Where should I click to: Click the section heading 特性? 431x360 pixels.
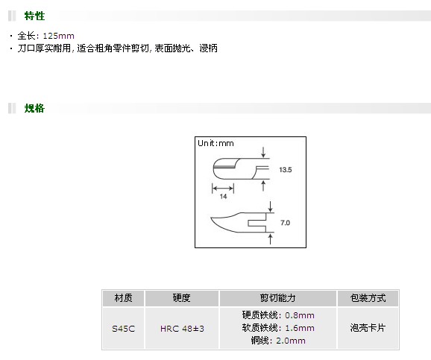(34, 16)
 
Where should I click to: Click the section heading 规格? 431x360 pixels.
(34, 108)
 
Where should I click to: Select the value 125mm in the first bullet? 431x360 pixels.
(59, 36)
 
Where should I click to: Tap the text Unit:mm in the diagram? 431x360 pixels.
(215, 143)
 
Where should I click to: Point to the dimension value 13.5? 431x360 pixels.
(286, 170)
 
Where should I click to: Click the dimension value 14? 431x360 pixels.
(223, 197)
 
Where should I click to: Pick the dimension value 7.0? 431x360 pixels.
(285, 223)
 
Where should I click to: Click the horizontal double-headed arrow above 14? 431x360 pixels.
(223, 189)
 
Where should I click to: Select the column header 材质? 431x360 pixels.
(124, 298)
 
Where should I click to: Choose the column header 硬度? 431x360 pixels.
(182, 298)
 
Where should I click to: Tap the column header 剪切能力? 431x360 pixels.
(277, 298)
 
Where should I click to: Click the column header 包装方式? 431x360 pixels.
(368, 298)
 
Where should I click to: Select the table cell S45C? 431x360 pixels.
(124, 329)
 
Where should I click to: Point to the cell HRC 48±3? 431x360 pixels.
(182, 329)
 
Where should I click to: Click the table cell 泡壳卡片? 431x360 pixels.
(368, 327)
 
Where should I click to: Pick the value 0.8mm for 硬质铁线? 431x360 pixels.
(300, 315)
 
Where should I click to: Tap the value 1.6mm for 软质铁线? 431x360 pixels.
(300, 328)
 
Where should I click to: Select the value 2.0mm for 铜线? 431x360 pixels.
(291, 341)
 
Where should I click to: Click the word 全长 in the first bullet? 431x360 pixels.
(26, 36)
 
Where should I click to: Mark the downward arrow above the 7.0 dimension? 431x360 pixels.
(270, 206)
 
